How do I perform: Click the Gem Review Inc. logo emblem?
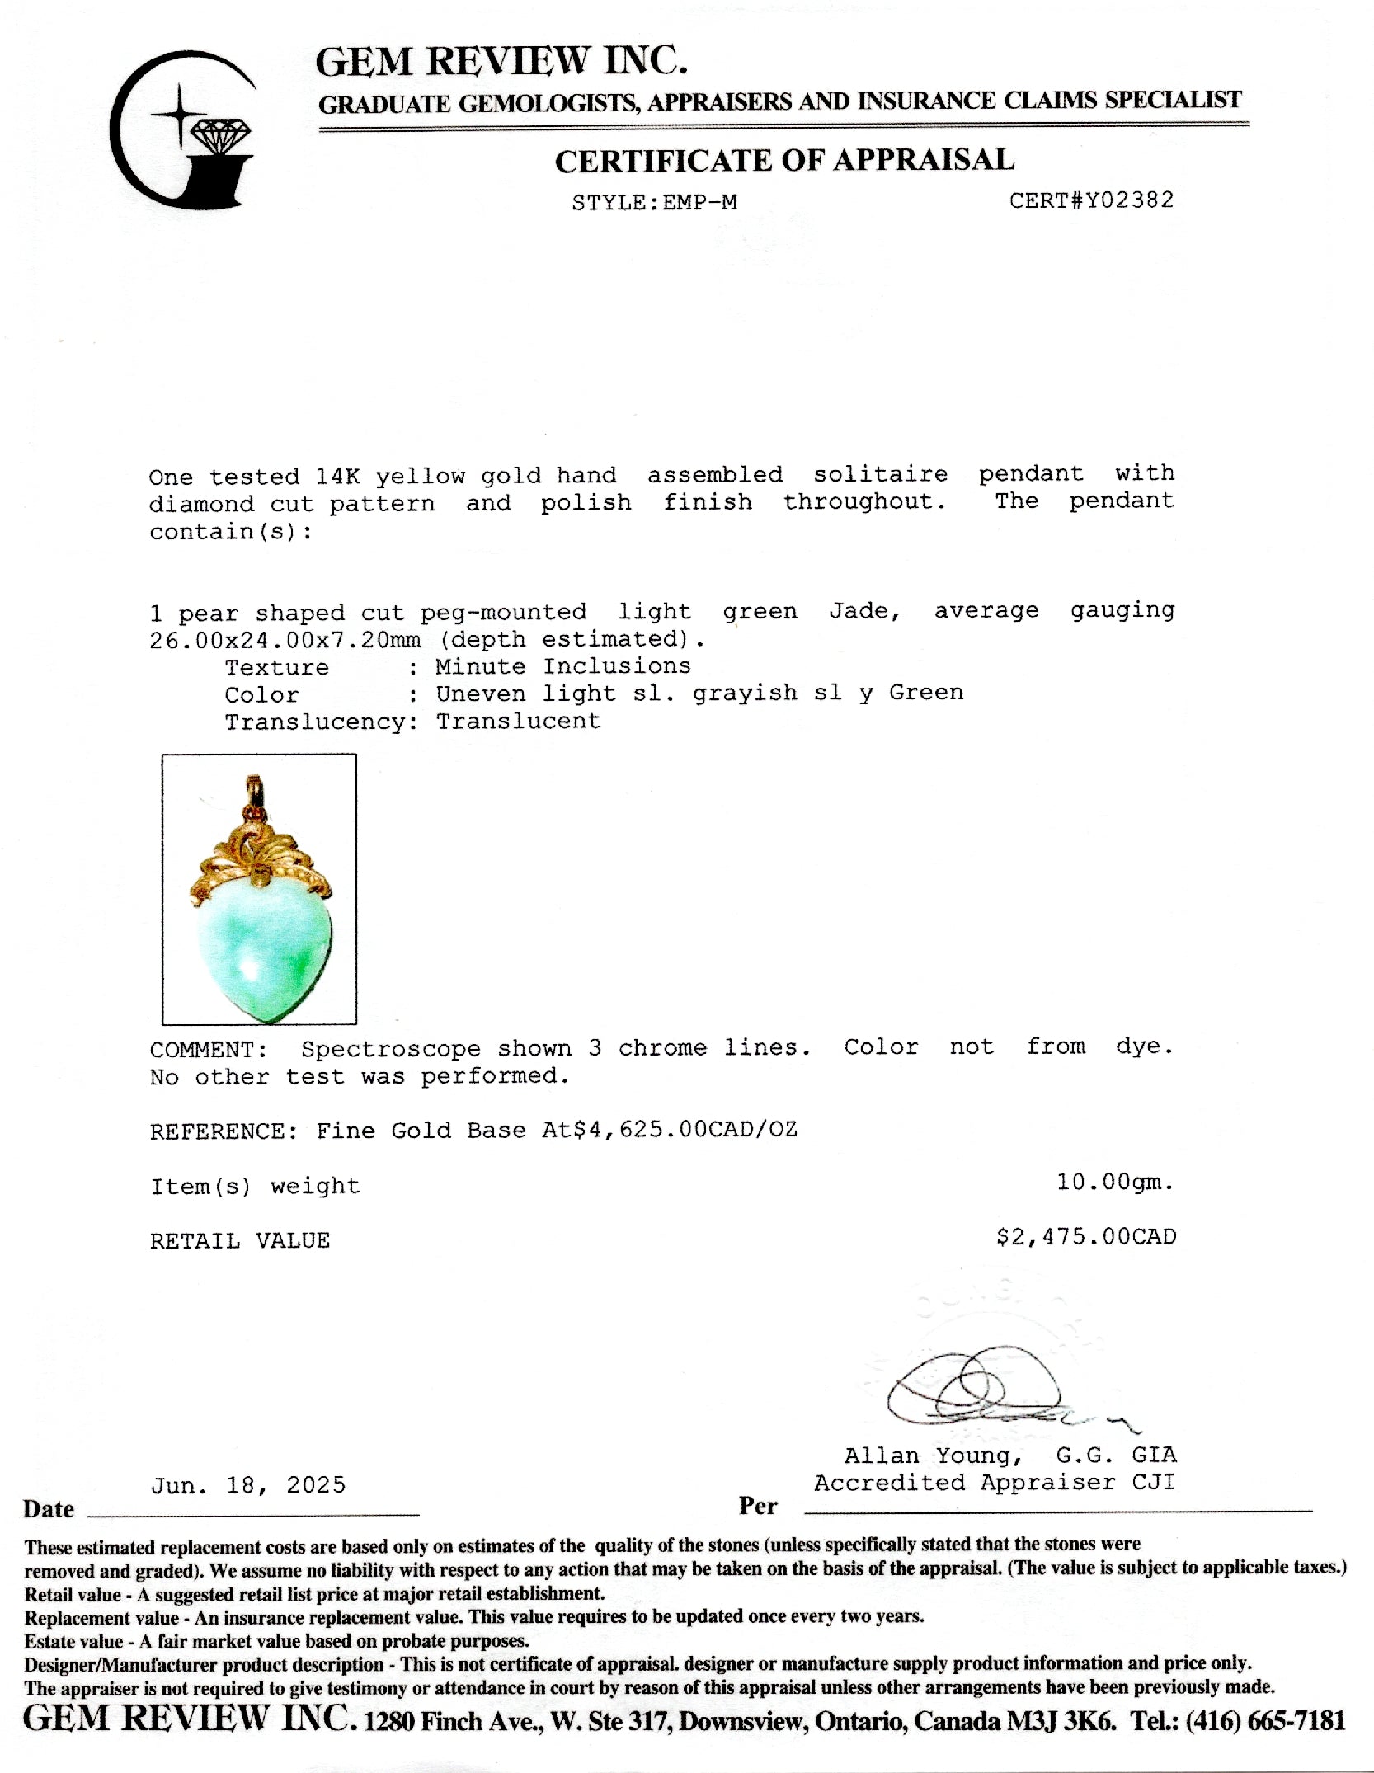(183, 130)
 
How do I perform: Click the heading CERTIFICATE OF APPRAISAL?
(783, 160)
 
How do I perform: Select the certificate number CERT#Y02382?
(1091, 200)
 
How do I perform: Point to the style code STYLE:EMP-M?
(654, 203)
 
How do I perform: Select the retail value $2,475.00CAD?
(1085, 1237)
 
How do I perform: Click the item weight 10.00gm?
(1115, 1183)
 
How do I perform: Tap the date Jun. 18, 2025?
(248, 1485)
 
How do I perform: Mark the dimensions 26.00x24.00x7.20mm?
(285, 640)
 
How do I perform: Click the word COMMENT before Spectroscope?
(208, 1050)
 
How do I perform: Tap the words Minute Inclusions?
(563, 665)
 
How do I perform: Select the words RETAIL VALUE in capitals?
(240, 1240)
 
